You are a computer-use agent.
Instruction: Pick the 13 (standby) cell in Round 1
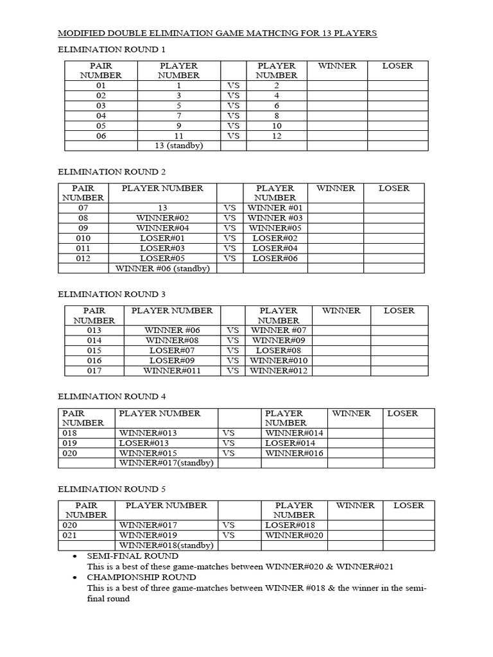click(178, 146)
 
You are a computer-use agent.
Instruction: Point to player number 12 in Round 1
click(276, 135)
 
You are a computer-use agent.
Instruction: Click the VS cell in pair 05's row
click(233, 126)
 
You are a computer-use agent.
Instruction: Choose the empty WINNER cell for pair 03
click(336, 105)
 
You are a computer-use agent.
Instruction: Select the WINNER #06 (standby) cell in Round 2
click(162, 268)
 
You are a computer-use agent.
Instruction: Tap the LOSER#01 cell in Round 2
click(162, 238)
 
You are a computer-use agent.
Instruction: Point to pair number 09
click(83, 228)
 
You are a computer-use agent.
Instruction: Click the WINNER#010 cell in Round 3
click(279, 361)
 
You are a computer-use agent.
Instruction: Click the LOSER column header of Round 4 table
click(402, 413)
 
